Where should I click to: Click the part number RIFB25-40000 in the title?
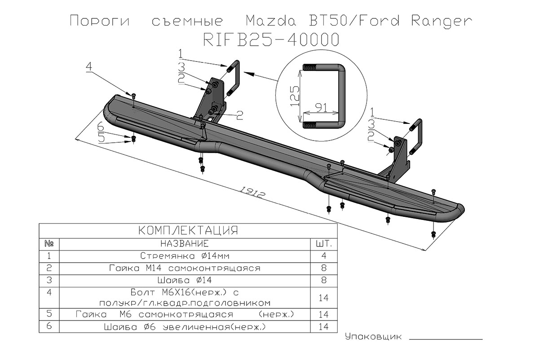pyautogui.click(x=271, y=40)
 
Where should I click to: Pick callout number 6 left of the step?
pyautogui.click(x=102, y=126)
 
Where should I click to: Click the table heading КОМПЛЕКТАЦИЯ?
pyautogui.click(x=188, y=231)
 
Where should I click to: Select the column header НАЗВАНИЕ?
pyautogui.click(x=184, y=244)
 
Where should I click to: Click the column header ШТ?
pyautogui.click(x=324, y=244)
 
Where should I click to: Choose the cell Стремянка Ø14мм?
pyautogui.click(x=185, y=256)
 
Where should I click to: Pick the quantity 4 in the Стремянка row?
pyautogui.click(x=324, y=256)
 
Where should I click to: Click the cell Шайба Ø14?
pyautogui.click(x=185, y=281)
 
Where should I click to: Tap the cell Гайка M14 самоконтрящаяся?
pyautogui.click(x=185, y=268)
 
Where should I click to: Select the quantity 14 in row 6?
pyautogui.click(x=324, y=327)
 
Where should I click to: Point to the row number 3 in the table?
pyautogui.click(x=49, y=281)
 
